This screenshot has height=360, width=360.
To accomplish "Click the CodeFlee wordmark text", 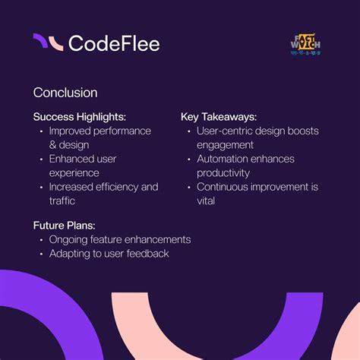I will pos(114,43).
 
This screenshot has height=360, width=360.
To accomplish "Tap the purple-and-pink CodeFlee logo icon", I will pos(48,43).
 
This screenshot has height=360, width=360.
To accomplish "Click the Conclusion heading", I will pos(65,93).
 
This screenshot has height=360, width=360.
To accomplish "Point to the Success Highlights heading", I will pos(78,117).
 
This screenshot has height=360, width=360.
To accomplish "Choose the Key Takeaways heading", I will pos(219,117).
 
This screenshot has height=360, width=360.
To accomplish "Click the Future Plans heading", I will pos(63,226).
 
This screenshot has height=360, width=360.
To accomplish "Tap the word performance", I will pos(121,131).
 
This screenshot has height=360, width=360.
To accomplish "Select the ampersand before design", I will pos(53,144).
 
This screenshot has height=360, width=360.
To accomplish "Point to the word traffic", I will pos(64,201).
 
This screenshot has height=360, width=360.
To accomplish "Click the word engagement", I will pos(225,144).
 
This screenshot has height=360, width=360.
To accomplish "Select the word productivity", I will pos(223,172).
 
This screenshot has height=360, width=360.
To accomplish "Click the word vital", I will pos(207,201).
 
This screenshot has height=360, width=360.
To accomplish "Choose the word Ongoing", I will pos(71,239).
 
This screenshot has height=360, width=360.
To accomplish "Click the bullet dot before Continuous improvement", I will pos(188,187).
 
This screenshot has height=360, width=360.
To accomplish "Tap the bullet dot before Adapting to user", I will pos(41,253).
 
